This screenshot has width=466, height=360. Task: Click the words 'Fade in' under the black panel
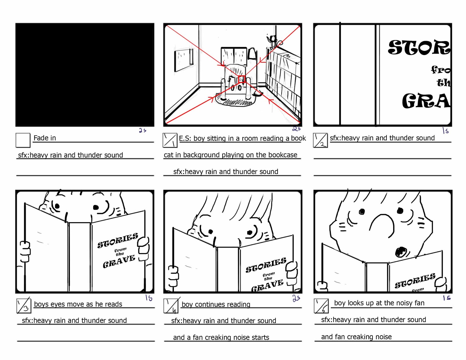pos(45,138)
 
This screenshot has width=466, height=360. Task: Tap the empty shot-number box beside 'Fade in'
pos(23,140)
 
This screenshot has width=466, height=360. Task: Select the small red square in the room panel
pos(241,79)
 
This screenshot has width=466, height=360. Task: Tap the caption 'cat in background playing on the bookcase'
pos(230,155)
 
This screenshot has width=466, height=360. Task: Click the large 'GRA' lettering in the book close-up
pos(426,101)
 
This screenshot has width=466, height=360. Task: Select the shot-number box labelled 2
pos(320,140)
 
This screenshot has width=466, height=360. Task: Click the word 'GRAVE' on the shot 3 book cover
pos(119,261)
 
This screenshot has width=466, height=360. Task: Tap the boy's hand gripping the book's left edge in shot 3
pos(25,252)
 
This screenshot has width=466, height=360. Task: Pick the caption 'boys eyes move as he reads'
pos(78,304)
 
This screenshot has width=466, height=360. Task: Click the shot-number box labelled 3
pos(24,306)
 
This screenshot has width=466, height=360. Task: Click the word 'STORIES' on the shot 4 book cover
pos(266,265)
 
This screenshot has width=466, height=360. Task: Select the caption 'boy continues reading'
pos(216,305)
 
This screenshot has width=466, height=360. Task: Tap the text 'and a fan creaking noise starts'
pos(221,338)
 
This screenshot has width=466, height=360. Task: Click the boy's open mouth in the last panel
pos(401,252)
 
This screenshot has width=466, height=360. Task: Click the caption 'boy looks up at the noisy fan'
pos(379,303)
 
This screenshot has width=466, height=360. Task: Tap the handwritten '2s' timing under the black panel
pos(142,130)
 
